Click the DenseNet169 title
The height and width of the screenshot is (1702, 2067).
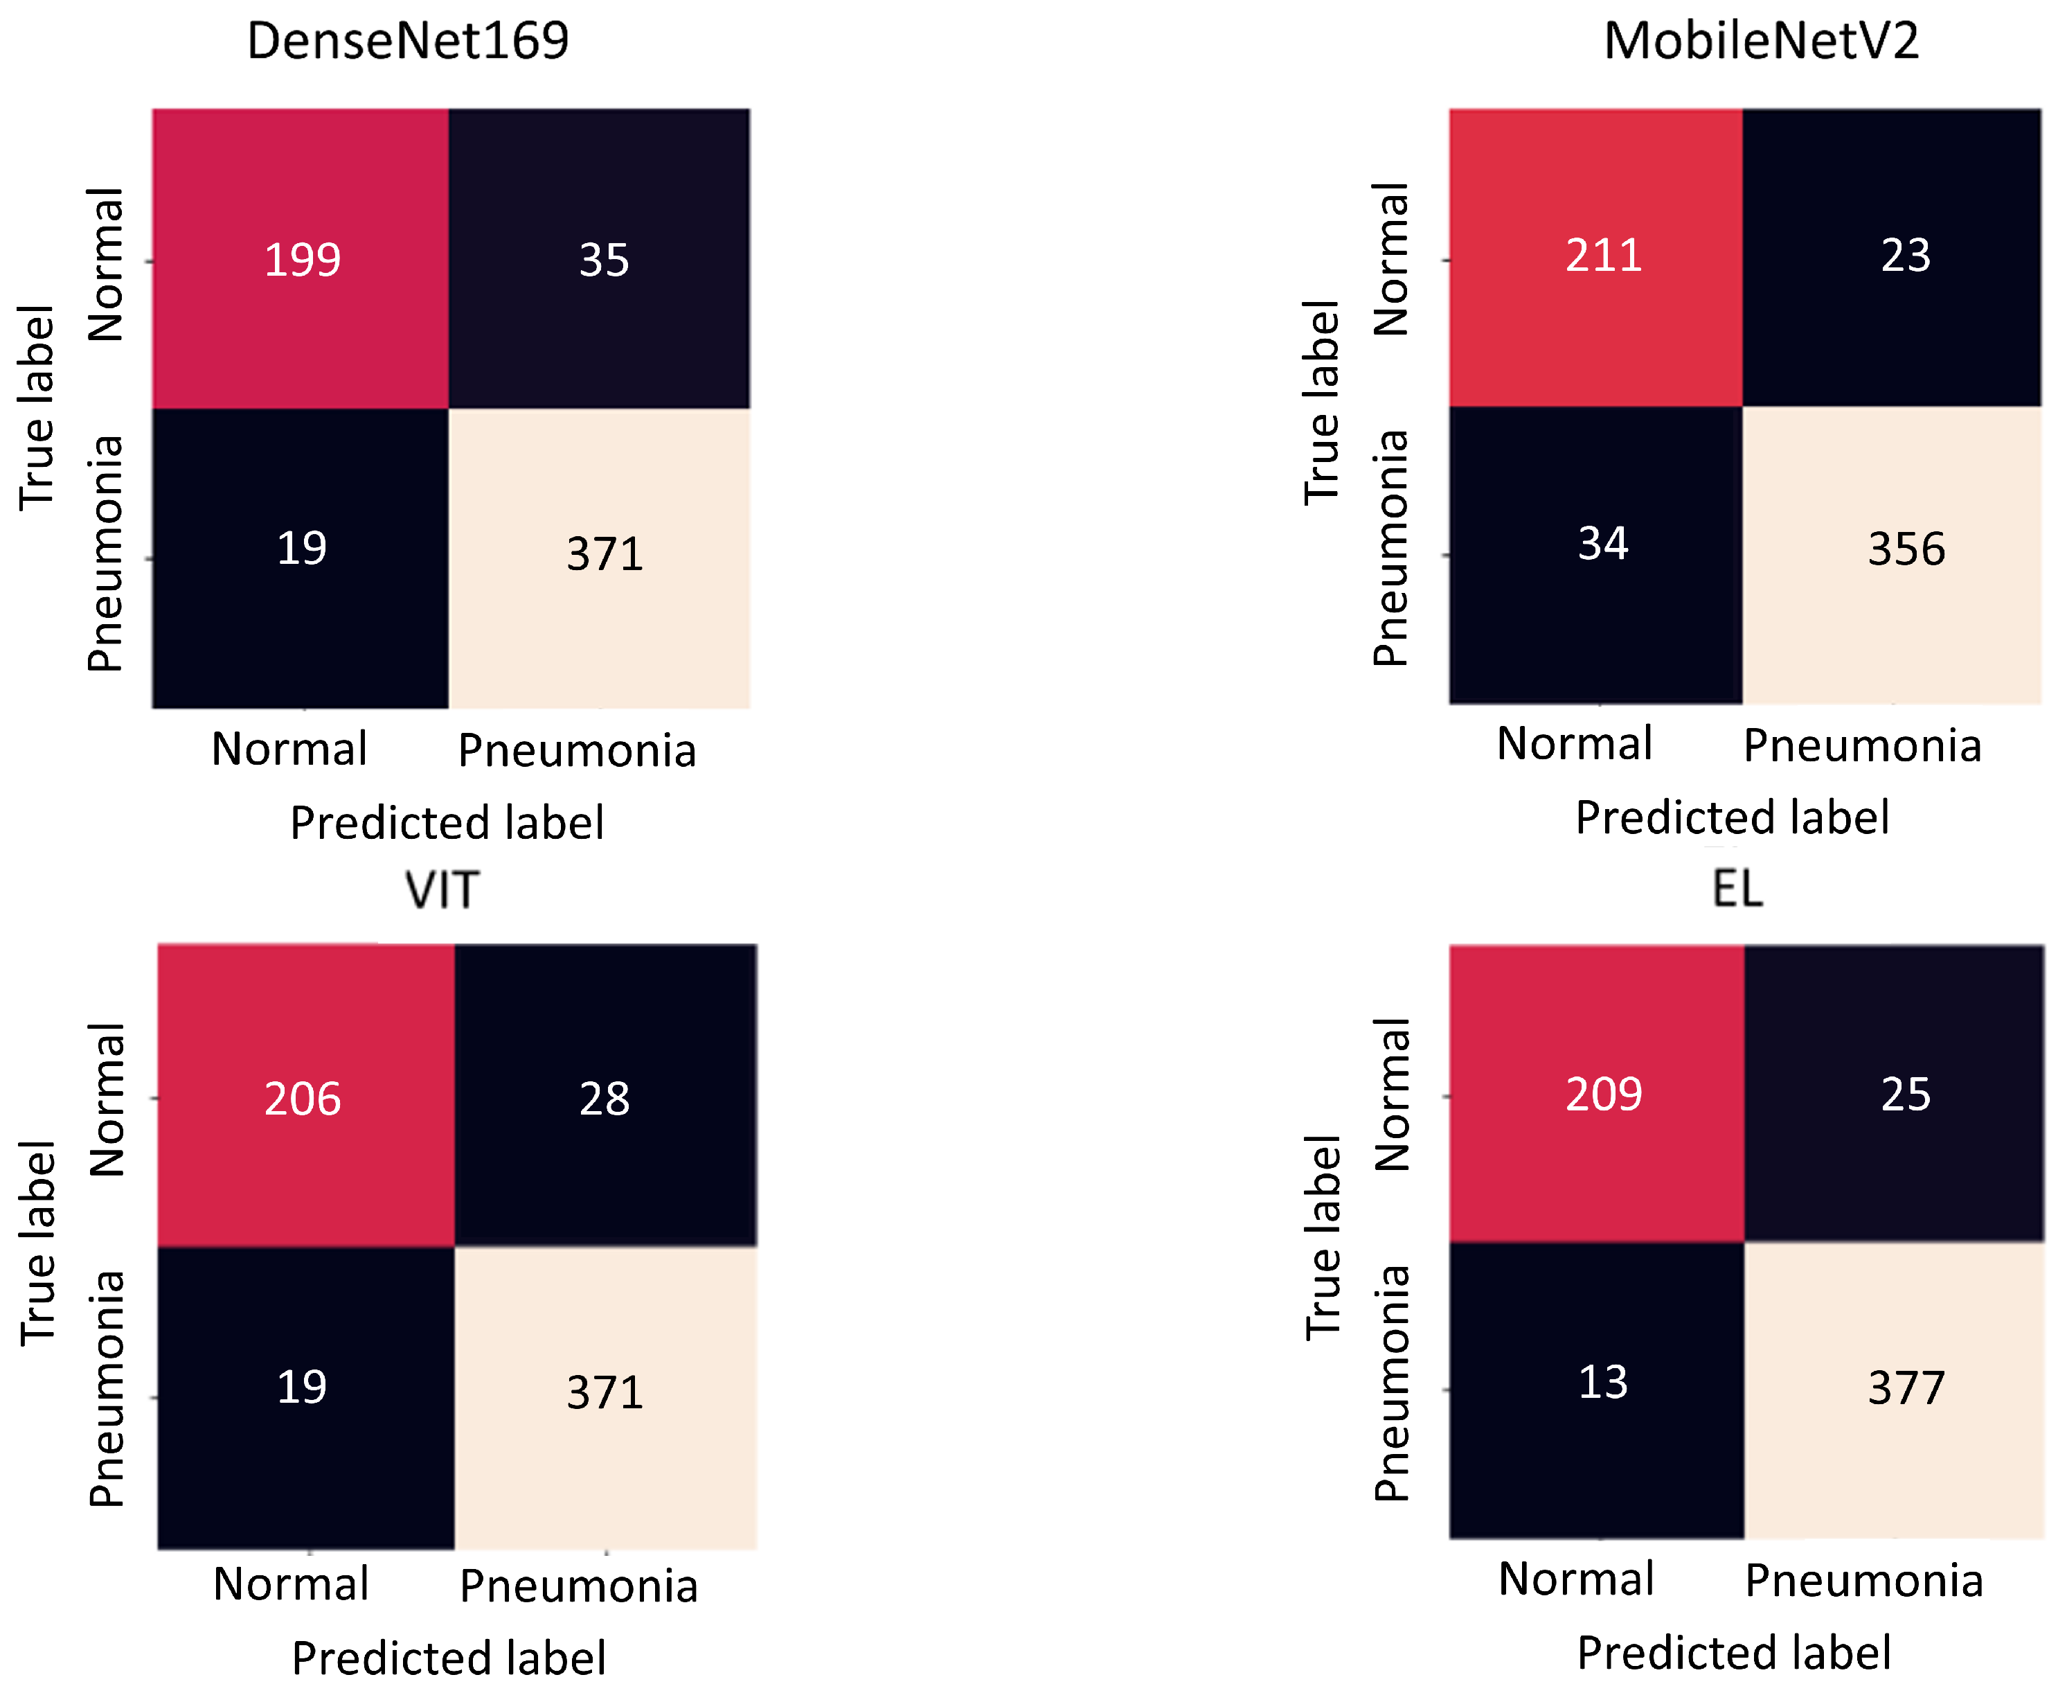[408, 41]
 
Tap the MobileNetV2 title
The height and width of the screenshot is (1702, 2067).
[1760, 41]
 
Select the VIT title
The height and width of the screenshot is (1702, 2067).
[442, 890]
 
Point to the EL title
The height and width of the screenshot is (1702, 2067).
[1737, 888]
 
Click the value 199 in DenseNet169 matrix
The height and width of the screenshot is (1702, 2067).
[302, 260]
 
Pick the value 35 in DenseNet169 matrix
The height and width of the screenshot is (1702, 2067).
[604, 260]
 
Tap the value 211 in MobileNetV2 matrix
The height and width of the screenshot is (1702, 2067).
[1604, 255]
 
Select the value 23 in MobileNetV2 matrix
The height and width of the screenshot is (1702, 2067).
[1905, 255]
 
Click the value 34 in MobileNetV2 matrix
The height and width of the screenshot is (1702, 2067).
[1604, 543]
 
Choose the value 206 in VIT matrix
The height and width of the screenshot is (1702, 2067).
[302, 1098]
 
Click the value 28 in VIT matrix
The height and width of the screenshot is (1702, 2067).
[604, 1098]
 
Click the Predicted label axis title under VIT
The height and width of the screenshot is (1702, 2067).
[449, 1659]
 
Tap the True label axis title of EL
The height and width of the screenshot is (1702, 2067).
[1322, 1237]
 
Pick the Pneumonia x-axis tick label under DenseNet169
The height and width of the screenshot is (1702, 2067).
[578, 751]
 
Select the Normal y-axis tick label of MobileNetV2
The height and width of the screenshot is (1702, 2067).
[1390, 260]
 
